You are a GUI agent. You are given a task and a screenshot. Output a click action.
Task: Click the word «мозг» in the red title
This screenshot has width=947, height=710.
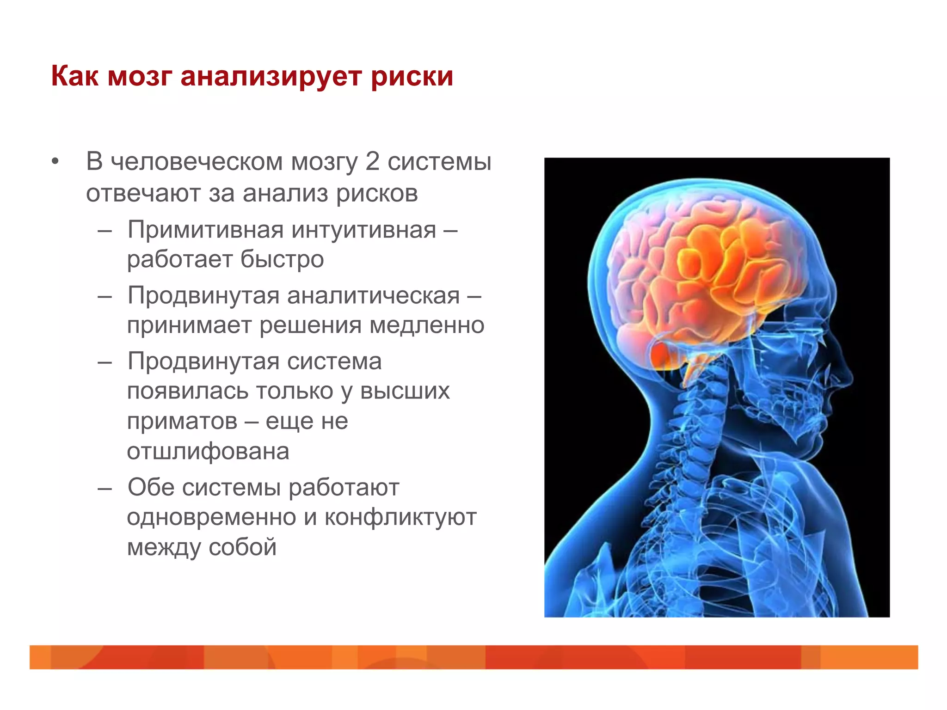click(x=140, y=76)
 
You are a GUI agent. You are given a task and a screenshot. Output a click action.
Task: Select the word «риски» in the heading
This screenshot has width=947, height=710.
click(x=412, y=76)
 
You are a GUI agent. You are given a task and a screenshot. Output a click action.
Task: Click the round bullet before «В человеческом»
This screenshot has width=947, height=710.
click(x=55, y=162)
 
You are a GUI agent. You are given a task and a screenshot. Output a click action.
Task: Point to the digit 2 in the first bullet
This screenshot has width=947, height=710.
click(x=372, y=162)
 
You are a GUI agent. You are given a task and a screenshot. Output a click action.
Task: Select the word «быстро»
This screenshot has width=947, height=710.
click(x=282, y=259)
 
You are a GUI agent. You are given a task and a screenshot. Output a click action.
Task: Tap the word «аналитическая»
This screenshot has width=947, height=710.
click(x=374, y=296)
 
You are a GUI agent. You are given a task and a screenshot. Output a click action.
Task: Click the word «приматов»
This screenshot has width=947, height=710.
click(x=182, y=421)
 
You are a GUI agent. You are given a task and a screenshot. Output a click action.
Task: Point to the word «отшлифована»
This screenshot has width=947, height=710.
click(x=208, y=451)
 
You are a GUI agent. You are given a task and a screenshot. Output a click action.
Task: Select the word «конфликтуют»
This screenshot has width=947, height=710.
click(x=400, y=517)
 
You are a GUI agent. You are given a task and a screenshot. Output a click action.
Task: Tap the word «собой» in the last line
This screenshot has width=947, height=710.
click(x=242, y=547)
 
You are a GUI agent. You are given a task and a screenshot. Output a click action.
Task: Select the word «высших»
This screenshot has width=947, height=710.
click(x=405, y=392)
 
